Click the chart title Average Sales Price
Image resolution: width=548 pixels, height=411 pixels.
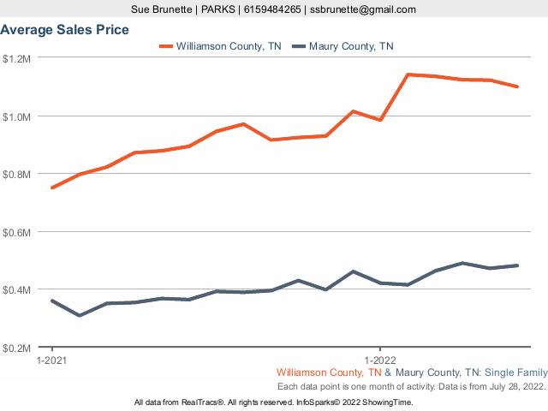point(65,30)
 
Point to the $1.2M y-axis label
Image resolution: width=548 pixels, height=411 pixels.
point(16,58)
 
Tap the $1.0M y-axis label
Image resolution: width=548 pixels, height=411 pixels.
point(16,116)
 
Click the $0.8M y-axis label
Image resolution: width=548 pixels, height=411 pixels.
point(16,174)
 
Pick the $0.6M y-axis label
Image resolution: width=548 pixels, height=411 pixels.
point(16,232)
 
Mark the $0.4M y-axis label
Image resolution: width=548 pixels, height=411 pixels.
point(16,289)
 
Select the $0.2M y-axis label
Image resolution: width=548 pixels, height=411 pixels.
point(16,348)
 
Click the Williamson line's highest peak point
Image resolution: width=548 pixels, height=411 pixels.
point(408,74)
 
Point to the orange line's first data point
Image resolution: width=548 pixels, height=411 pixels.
point(52,188)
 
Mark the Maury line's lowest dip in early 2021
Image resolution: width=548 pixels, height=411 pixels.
point(80,315)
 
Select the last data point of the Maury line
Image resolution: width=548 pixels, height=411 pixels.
point(517,265)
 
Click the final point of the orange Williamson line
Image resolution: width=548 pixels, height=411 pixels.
point(517,86)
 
